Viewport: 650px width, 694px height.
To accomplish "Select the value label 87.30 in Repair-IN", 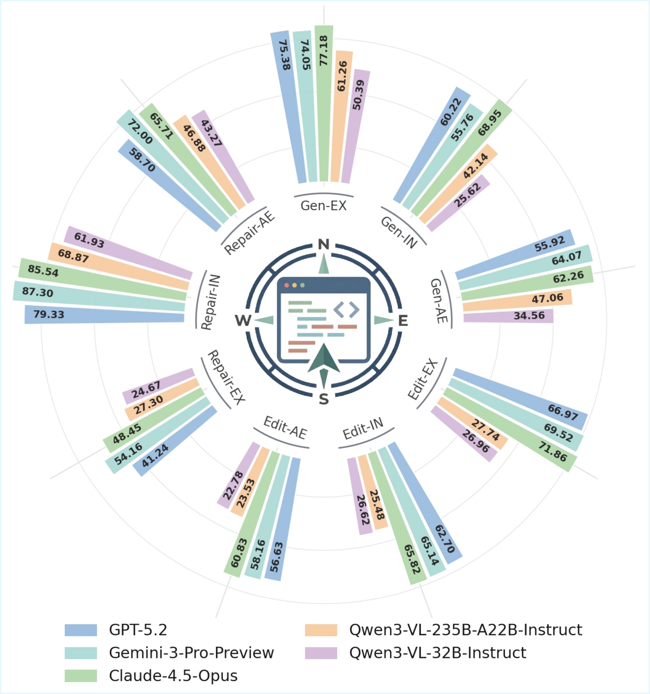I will click(37, 292).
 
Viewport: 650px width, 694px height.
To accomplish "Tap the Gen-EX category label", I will click(323, 206).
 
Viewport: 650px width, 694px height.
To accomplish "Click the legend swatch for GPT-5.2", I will click(81, 630).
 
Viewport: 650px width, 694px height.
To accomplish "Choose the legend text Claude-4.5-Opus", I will click(173, 676).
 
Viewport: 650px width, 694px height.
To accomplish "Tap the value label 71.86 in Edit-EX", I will click(552, 451).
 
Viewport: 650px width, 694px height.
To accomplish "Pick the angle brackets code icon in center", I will click(346, 310).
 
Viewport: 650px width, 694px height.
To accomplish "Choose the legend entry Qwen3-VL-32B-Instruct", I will click(437, 653).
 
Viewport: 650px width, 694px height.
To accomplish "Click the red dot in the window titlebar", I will click(287, 285).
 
